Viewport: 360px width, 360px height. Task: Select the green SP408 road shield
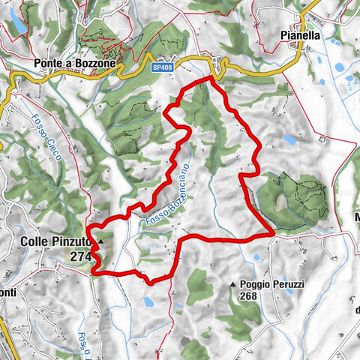[x=162, y=67]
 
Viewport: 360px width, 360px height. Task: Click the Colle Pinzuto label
[x=54, y=242]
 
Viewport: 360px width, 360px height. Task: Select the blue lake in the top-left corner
[x=19, y=29]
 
